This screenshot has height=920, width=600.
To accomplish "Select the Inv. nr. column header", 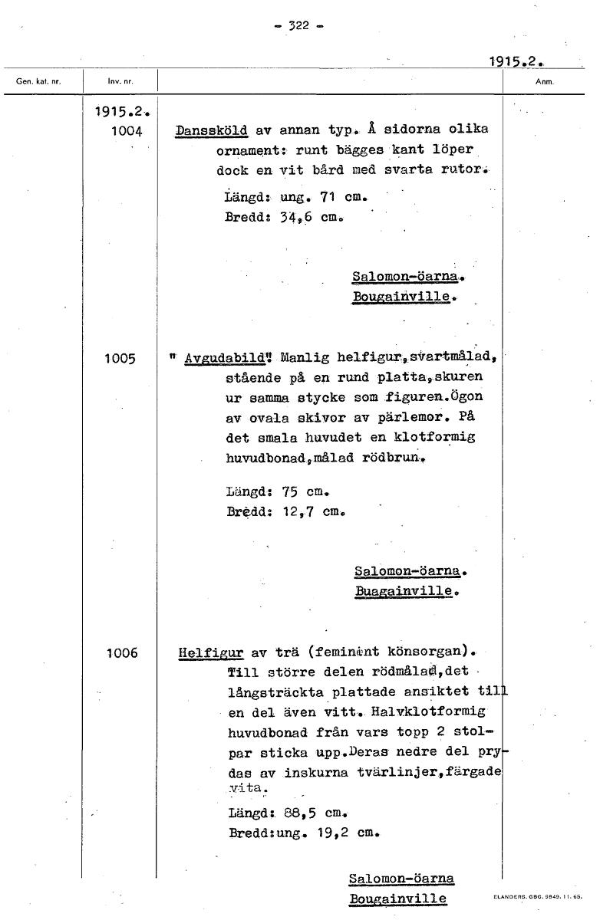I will [118, 80].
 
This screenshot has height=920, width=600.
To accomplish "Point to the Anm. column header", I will [545, 80].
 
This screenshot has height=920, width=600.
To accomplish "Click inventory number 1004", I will [126, 131].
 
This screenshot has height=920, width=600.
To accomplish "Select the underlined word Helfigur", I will [210, 653].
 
